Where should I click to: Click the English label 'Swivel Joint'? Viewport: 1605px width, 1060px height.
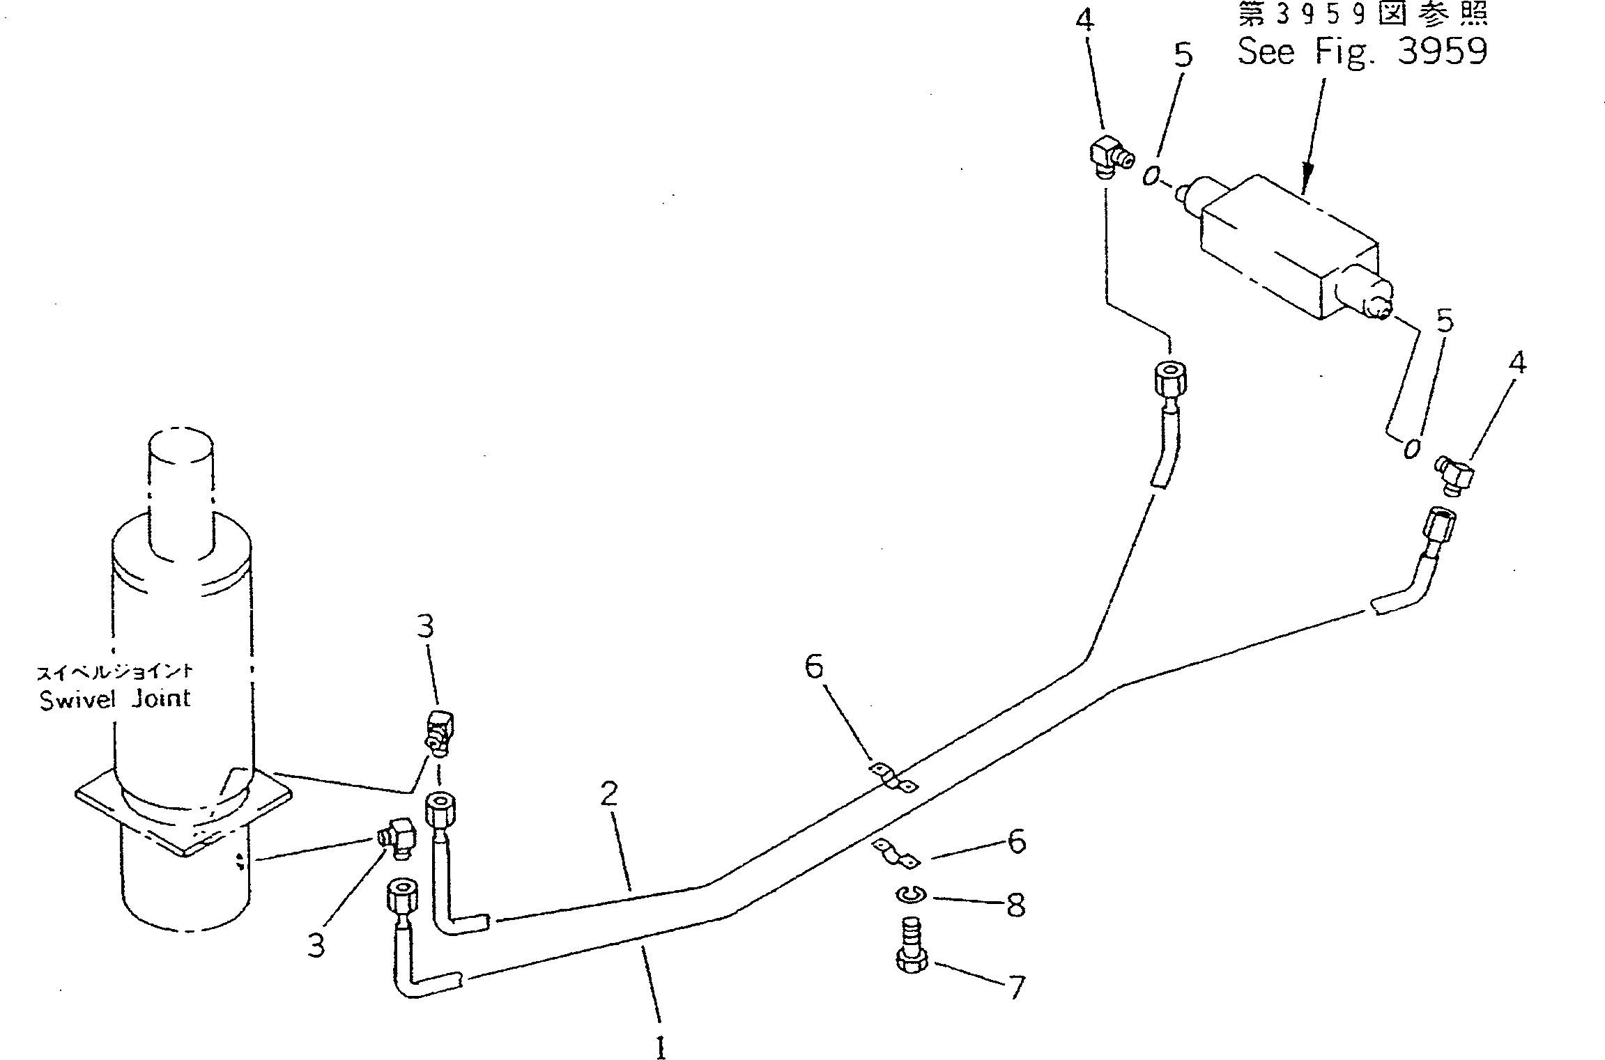coord(115,699)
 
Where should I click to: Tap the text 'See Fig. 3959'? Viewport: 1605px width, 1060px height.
coord(1362,51)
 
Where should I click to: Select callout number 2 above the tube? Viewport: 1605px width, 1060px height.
coord(609,795)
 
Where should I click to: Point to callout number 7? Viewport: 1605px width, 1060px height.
coord(1017,987)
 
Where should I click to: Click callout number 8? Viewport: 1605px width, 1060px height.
coord(1015,905)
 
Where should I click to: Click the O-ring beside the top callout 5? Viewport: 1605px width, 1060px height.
coord(1150,176)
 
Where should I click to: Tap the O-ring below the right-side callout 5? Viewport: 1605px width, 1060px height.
coord(1411,448)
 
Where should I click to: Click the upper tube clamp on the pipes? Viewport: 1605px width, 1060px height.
coord(893,778)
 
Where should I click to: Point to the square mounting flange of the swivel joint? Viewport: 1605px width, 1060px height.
coord(183,811)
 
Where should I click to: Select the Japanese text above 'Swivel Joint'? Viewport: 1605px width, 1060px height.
coord(114,672)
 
